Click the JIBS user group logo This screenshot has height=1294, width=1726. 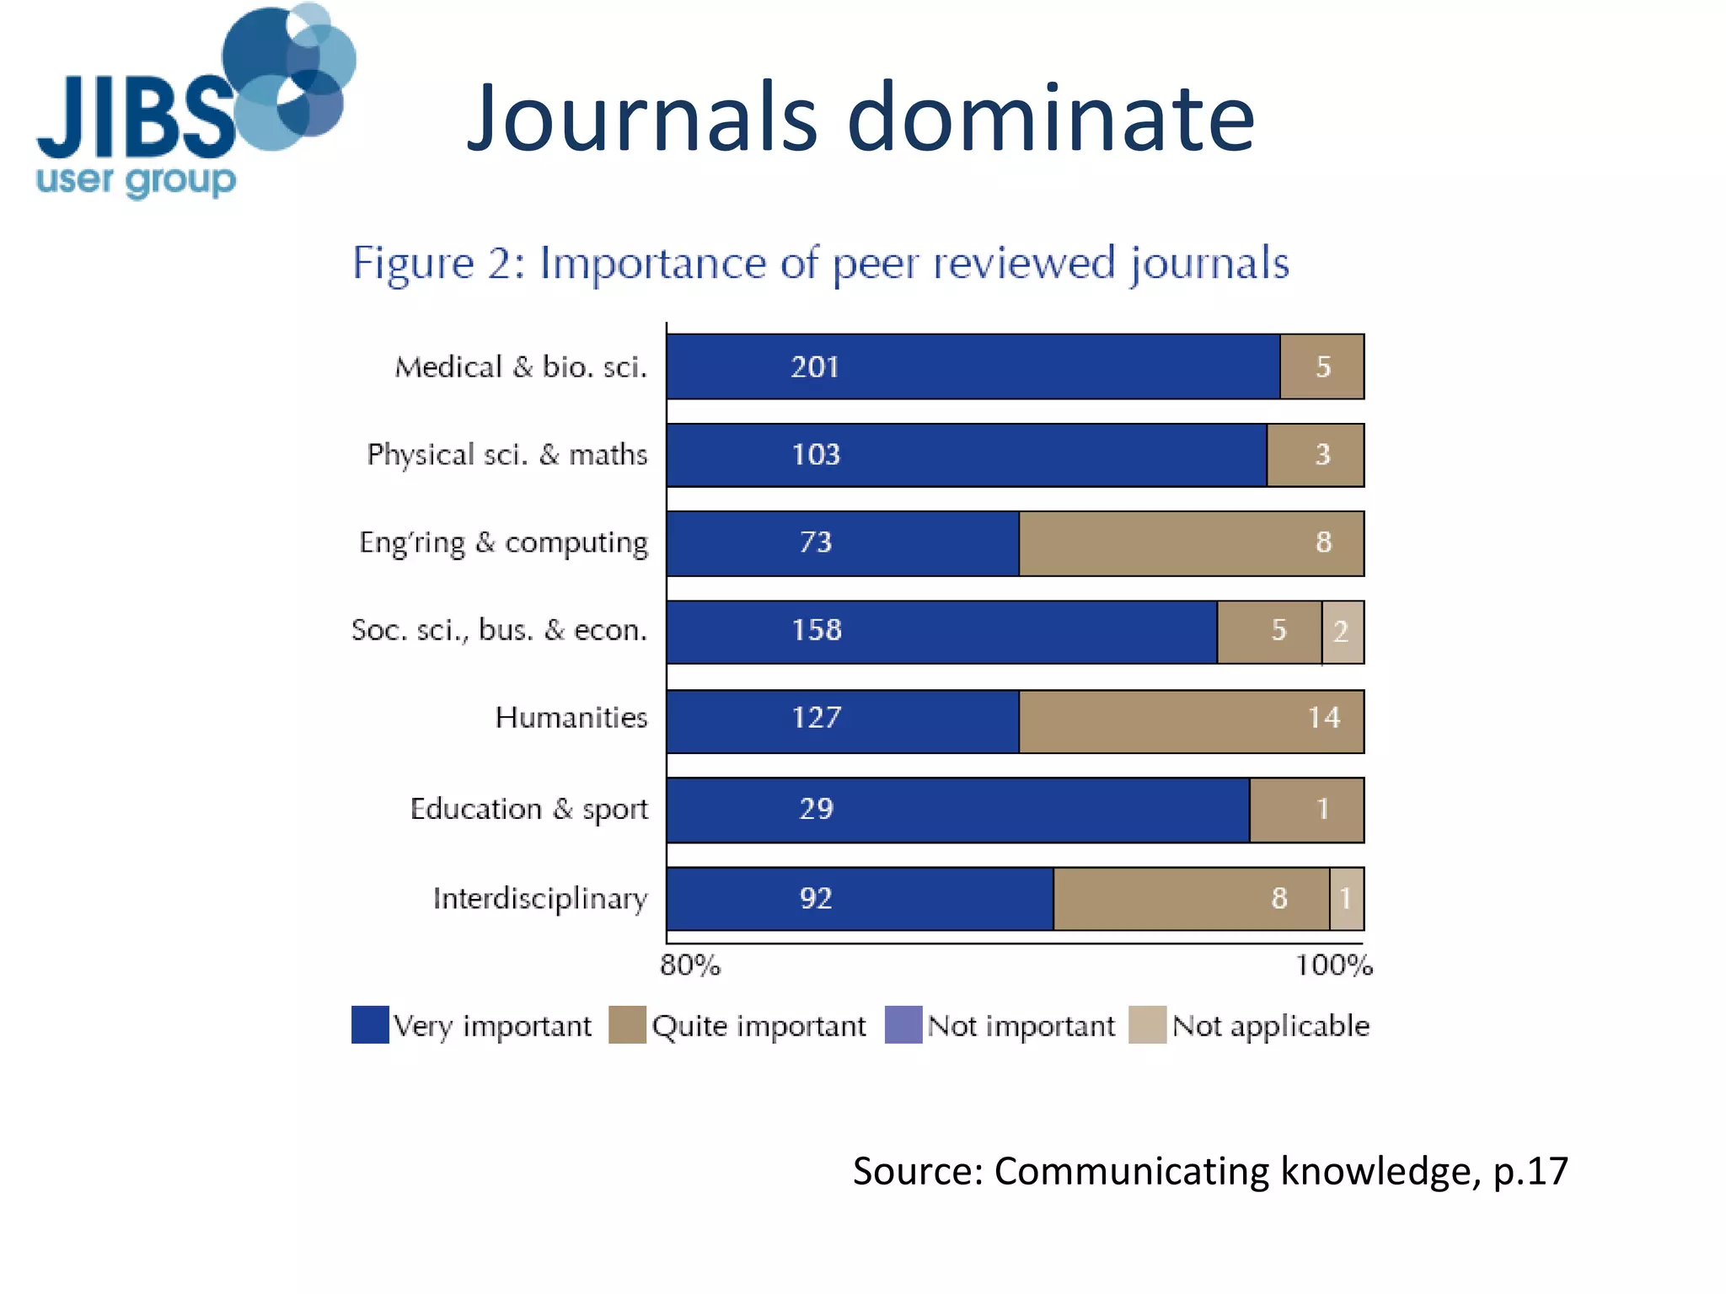[194, 101]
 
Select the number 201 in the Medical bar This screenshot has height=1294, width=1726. [814, 367]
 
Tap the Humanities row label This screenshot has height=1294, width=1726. [571, 718]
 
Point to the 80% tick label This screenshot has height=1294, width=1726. [689, 965]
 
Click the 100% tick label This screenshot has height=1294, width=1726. [1333, 965]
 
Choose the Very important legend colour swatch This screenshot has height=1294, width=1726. [370, 1025]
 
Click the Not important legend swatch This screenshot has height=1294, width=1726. [903, 1025]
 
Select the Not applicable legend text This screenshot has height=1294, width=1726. [1270, 1026]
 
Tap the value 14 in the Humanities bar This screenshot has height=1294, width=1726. [1323, 718]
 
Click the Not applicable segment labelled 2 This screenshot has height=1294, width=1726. [1342, 632]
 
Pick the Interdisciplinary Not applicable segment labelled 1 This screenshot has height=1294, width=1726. [1346, 899]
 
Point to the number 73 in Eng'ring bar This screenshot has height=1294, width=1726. [815, 543]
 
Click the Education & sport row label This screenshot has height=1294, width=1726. [528, 809]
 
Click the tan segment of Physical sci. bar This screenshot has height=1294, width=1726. [1315, 455]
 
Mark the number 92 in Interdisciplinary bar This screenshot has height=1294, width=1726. [815, 899]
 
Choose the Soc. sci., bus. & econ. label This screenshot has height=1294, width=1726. [499, 630]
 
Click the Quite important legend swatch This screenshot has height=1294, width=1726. [627, 1025]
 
